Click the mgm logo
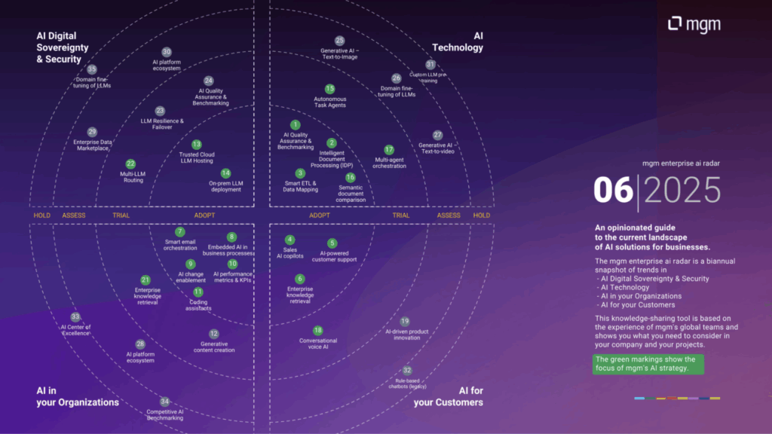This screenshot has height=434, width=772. [x=694, y=25]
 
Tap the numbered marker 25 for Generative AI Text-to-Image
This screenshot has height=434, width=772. [x=339, y=41]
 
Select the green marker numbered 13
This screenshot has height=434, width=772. [x=196, y=145]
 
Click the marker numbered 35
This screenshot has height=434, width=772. [x=92, y=69]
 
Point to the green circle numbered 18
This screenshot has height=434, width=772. [x=317, y=331]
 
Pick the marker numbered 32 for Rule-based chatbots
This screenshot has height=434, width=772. [x=407, y=370]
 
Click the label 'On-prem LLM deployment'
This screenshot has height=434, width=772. [x=225, y=186]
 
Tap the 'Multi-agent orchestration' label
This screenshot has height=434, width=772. [x=389, y=163]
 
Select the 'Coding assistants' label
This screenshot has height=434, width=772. [x=198, y=305]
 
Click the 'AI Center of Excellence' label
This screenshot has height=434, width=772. [x=75, y=330]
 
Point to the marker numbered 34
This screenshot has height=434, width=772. [x=164, y=402]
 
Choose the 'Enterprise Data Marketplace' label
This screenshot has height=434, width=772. [x=92, y=145]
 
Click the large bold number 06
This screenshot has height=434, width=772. [x=612, y=191]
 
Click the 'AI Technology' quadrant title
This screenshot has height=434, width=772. [x=467, y=41]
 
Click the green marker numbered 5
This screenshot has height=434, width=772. [x=332, y=243]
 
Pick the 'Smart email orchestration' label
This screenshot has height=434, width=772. [x=180, y=245]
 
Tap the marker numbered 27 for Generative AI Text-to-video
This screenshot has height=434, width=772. [x=437, y=135]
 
